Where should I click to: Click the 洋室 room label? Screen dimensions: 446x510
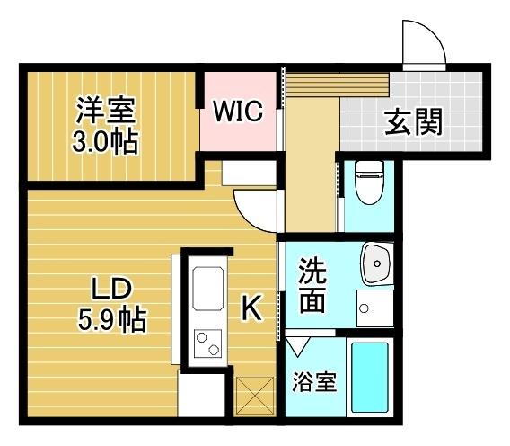coord(105,112)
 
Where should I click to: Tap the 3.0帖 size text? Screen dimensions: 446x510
coord(105,140)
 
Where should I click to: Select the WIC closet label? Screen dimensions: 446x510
coord(237,112)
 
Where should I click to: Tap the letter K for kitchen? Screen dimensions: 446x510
coord(251,310)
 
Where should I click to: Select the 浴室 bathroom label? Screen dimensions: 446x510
coord(314,381)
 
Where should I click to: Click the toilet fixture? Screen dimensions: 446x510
coord(368,182)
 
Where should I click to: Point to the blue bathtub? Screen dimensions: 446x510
coord(368,380)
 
